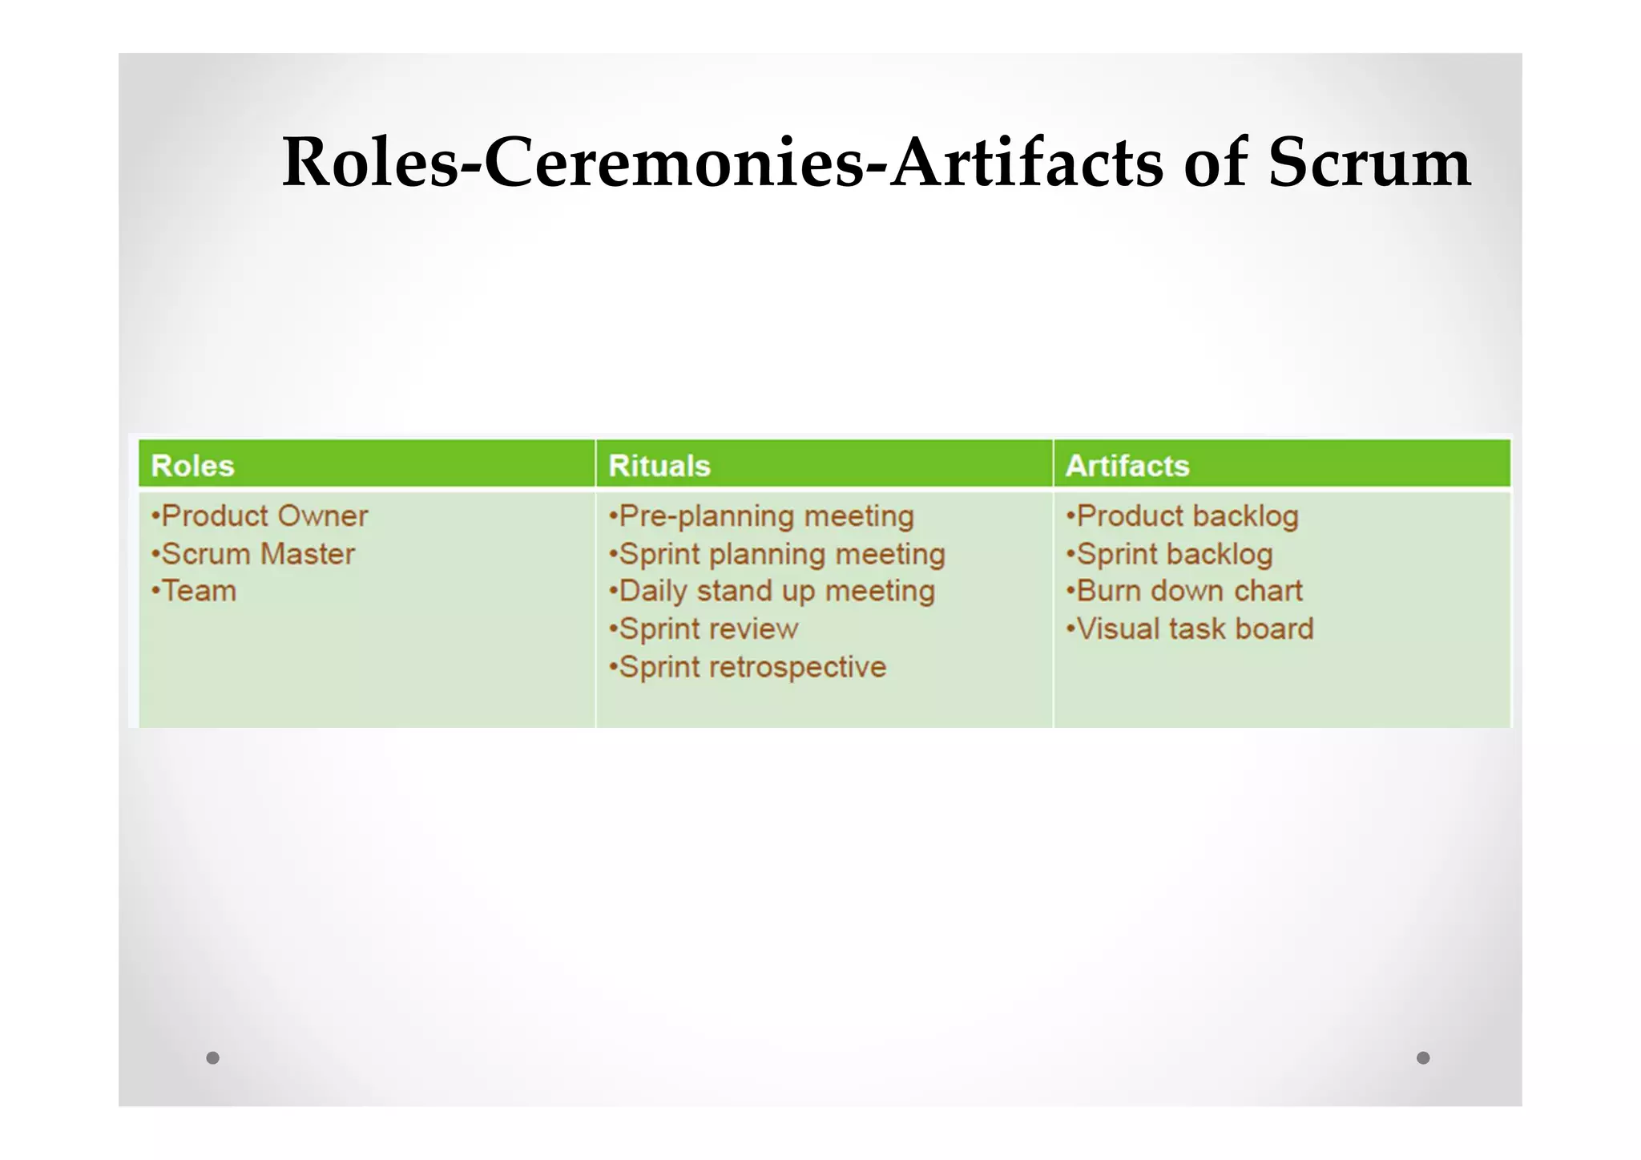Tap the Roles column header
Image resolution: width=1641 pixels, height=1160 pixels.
tap(192, 466)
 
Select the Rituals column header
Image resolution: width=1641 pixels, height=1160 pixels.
tap(659, 466)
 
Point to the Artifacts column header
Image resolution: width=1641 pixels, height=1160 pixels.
tap(1127, 466)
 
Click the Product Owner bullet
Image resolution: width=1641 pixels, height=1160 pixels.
tap(260, 516)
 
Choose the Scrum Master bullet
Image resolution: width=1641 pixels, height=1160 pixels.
tap(253, 554)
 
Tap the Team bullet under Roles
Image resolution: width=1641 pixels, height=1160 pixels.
tap(194, 592)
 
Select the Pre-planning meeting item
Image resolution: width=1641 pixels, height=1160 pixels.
tap(761, 516)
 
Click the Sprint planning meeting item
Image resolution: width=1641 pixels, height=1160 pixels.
tap(777, 554)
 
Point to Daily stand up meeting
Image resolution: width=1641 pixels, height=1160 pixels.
tap(772, 592)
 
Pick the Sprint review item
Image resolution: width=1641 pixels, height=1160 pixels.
tap(704, 629)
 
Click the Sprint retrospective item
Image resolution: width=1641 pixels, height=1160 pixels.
tap(748, 667)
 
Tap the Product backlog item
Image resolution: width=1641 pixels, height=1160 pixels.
tap(1182, 516)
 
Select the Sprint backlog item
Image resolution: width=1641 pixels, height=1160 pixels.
tap(1169, 554)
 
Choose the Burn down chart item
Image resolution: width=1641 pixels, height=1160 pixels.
tap(1184, 592)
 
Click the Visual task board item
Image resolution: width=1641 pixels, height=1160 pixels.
tap(1190, 629)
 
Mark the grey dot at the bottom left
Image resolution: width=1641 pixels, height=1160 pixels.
tap(212, 1057)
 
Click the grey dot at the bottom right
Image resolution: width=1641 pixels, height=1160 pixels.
tap(1423, 1057)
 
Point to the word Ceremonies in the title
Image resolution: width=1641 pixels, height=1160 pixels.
tap(675, 163)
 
